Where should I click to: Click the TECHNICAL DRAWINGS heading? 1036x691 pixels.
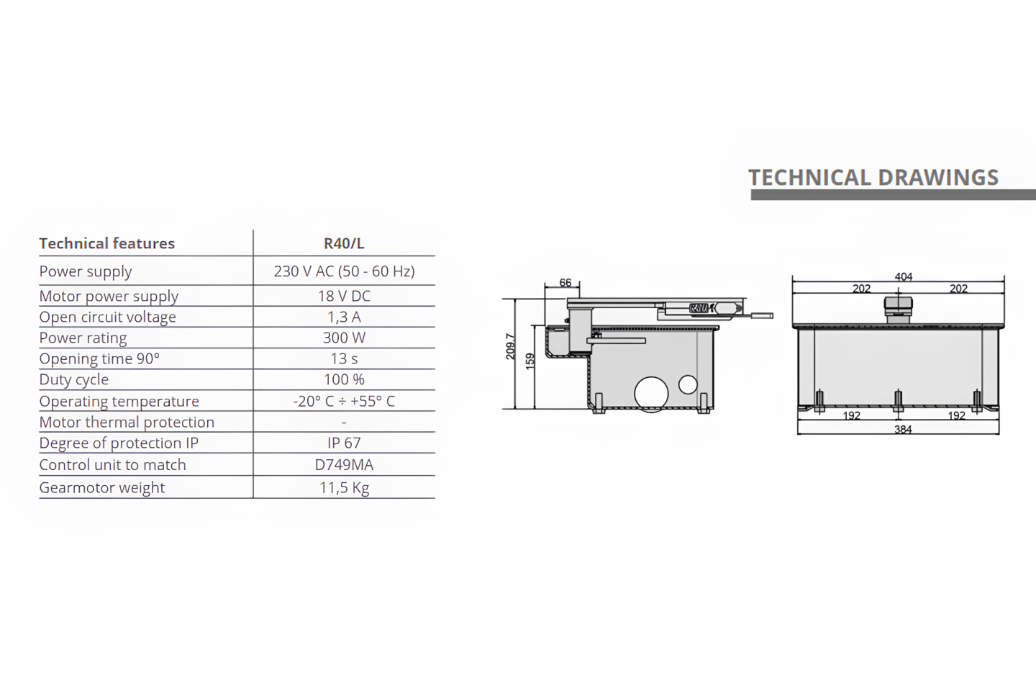pyautogui.click(x=873, y=177)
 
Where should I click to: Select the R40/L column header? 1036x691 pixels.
pyautogui.click(x=344, y=243)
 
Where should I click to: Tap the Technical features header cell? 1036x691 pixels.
pyautogui.click(x=106, y=243)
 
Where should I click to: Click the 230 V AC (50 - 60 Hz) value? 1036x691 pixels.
pyautogui.click(x=344, y=271)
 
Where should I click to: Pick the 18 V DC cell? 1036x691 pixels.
pyautogui.click(x=344, y=296)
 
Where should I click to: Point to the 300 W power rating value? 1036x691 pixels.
pyautogui.click(x=344, y=338)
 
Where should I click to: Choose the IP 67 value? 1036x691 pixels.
pyautogui.click(x=344, y=443)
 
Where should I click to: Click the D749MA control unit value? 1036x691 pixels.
pyautogui.click(x=344, y=464)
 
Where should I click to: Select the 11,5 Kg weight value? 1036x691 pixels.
pyautogui.click(x=344, y=487)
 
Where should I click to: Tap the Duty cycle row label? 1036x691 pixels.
pyautogui.click(x=74, y=379)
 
